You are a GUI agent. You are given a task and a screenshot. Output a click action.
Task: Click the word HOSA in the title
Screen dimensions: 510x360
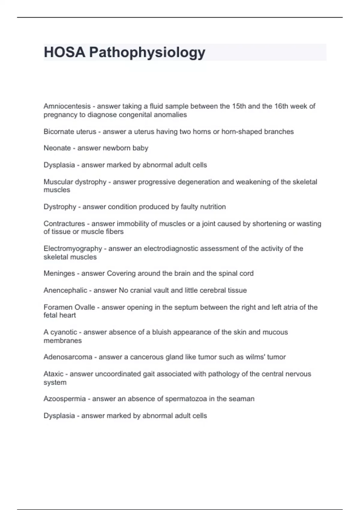(x=64, y=52)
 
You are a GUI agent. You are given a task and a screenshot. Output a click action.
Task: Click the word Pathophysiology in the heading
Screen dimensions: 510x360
(x=147, y=53)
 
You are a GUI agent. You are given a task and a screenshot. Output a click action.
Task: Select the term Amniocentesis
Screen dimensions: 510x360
(x=67, y=106)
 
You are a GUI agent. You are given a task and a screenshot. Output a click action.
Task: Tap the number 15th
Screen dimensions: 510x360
(x=239, y=106)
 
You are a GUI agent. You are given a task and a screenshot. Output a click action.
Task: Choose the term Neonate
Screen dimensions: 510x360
(x=57, y=148)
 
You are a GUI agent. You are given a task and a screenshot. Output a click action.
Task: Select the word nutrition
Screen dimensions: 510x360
(x=214, y=207)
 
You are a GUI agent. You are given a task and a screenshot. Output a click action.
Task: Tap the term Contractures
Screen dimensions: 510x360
(x=64, y=223)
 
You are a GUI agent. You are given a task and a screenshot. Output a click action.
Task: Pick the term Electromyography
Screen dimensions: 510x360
(x=73, y=249)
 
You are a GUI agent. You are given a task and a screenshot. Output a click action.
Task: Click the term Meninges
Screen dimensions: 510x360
(x=59, y=273)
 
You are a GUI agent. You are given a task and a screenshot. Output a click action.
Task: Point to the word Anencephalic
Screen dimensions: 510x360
(x=65, y=290)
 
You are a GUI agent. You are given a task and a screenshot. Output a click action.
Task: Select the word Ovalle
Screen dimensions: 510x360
(x=85, y=307)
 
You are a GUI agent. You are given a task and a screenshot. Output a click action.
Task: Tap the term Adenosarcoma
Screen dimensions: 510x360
(x=68, y=357)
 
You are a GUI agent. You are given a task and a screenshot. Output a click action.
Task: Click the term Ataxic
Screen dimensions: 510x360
(x=53, y=374)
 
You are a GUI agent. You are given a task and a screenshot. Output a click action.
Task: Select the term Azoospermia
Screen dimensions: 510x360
(x=64, y=399)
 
